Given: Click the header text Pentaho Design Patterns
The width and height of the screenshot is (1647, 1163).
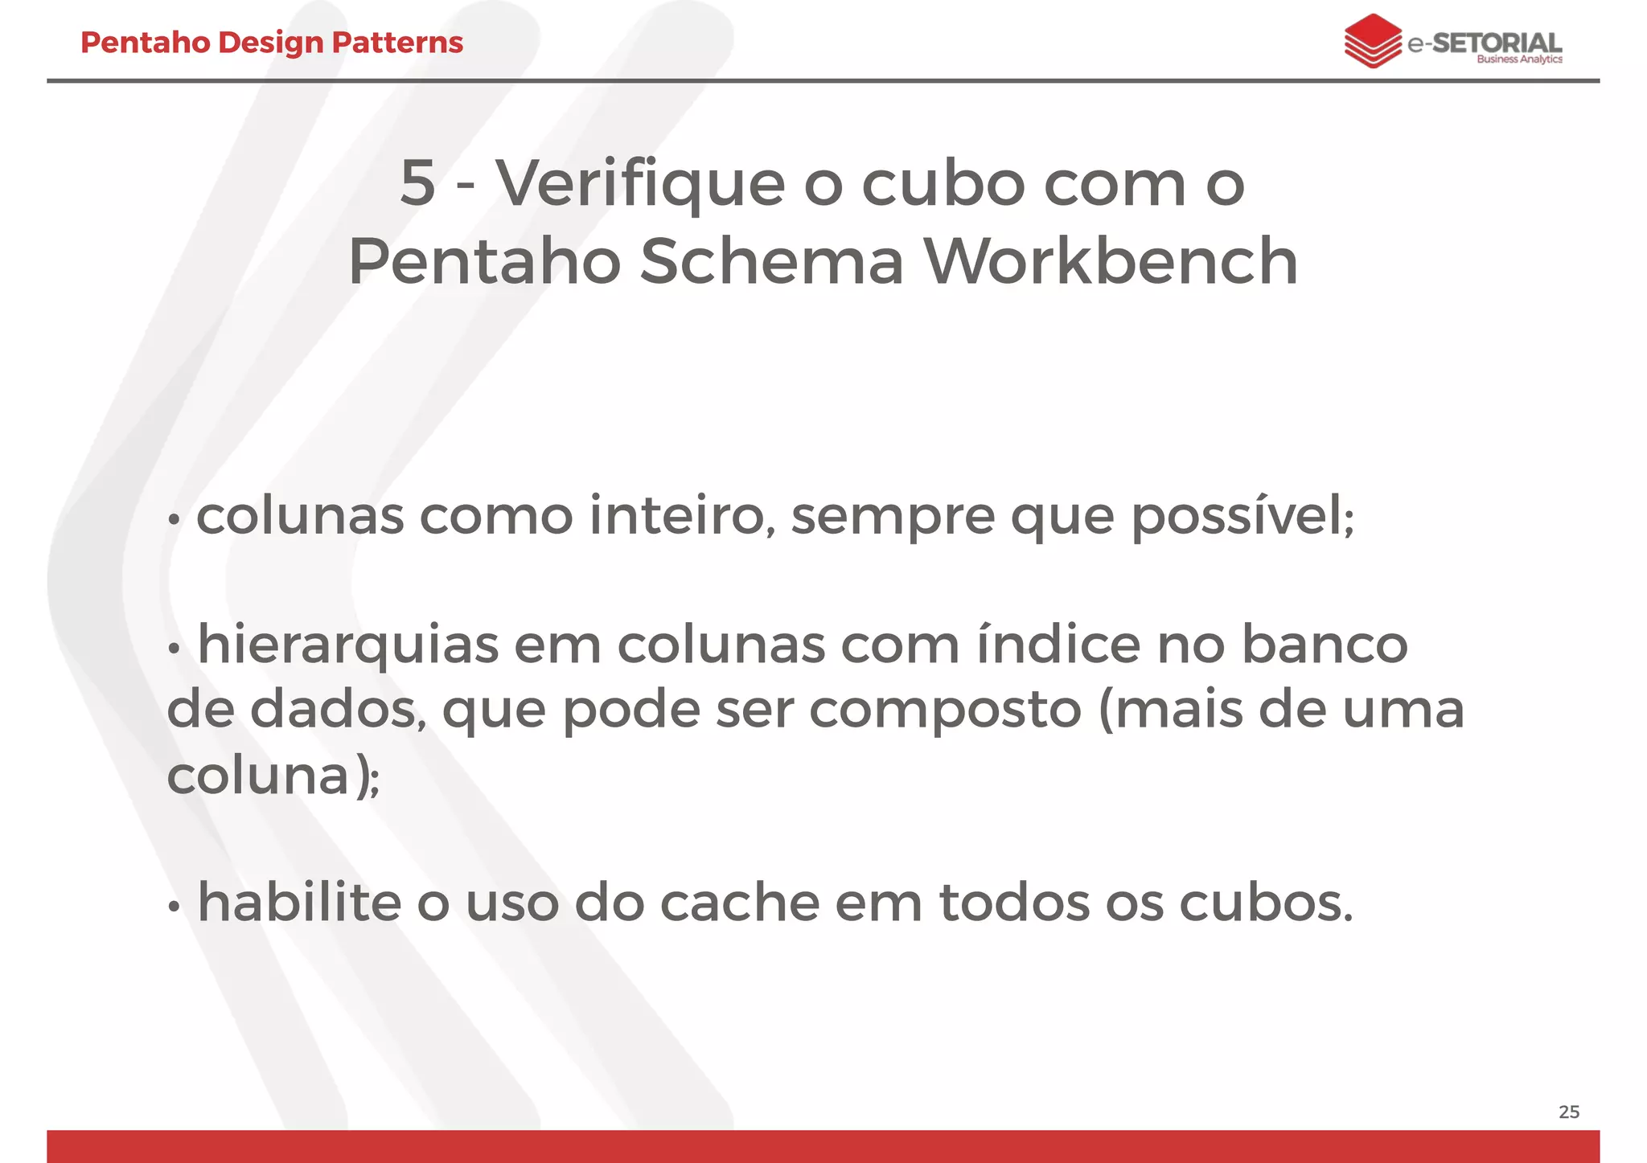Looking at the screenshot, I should click(272, 43).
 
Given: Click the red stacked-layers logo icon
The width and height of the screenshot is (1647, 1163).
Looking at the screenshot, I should click(1373, 41).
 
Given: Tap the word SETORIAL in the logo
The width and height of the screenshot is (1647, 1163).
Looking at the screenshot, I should click(1497, 42).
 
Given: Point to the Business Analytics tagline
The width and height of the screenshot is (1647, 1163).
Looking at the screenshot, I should click(1519, 59).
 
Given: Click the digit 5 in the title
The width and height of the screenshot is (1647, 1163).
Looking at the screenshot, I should click(417, 183).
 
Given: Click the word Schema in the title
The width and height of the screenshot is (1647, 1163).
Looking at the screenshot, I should click(772, 261).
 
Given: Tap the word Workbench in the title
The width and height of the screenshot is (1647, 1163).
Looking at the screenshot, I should click(1111, 261).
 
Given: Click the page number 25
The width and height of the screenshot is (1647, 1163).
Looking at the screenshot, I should click(1568, 1112).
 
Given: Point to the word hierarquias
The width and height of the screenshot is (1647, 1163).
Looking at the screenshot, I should click(348, 645).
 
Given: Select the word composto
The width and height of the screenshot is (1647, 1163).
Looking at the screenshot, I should click(945, 710).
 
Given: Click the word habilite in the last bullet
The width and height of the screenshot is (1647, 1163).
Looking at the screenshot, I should click(299, 902).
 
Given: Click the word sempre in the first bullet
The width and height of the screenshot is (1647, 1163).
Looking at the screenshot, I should click(893, 517).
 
